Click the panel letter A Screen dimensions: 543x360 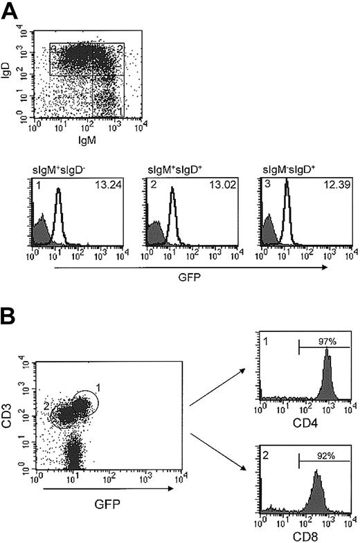pyautogui.click(x=11, y=10)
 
